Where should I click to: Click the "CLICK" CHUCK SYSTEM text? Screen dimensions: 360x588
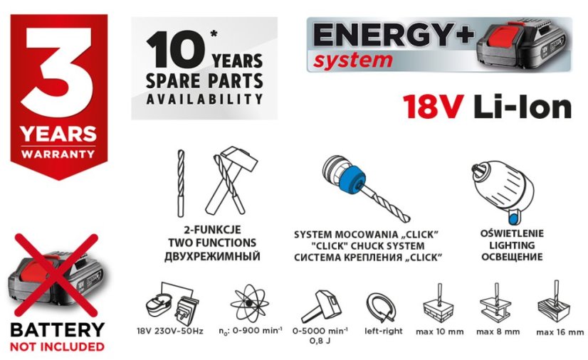tap(364, 245)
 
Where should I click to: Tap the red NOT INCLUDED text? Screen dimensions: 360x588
tap(57, 346)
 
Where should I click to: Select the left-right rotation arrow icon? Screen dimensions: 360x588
tap(382, 307)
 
